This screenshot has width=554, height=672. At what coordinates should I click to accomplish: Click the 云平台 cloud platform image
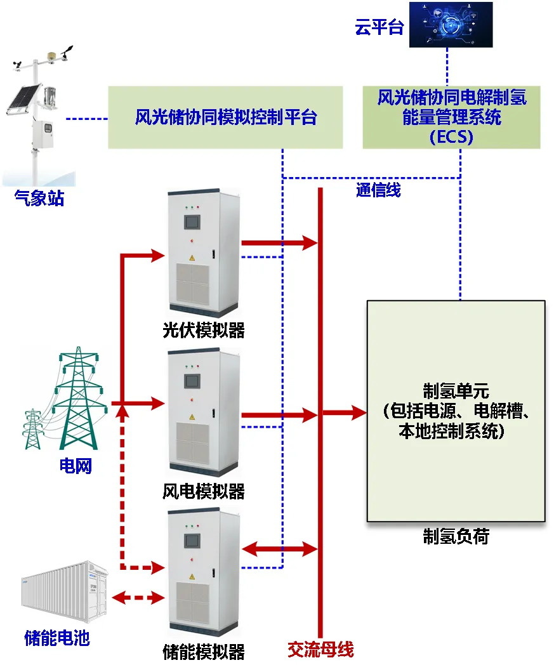451,25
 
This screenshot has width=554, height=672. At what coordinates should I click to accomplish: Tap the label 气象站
39,199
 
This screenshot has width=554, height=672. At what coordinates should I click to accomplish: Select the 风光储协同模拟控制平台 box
225,117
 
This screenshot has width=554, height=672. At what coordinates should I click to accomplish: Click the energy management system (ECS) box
451,117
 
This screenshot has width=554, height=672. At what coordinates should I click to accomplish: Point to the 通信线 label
378,190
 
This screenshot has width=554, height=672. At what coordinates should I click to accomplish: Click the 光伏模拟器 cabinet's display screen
190,221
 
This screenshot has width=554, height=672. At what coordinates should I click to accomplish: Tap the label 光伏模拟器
203,331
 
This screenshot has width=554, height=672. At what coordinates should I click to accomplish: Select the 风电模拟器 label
203,491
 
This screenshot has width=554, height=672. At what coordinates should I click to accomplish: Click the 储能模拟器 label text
203,652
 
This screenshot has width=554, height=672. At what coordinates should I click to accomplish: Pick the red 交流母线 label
320,649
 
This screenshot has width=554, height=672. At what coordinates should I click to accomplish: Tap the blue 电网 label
76,466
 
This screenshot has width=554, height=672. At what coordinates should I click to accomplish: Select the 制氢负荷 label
456,537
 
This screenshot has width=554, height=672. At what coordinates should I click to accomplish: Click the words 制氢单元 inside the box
456,389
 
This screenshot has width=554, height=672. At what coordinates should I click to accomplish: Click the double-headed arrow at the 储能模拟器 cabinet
279,549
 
